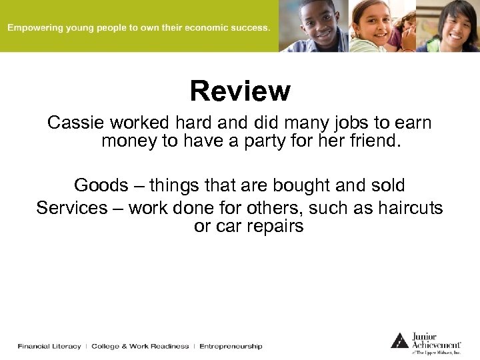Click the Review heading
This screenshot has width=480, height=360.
point(240,91)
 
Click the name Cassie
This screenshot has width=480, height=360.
point(75,123)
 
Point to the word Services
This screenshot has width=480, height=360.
point(71,208)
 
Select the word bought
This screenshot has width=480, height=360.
point(289,185)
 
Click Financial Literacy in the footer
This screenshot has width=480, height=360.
point(49,347)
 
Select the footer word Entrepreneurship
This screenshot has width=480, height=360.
point(231,347)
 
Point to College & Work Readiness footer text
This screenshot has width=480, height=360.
point(140,347)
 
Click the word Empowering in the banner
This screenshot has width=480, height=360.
point(34,28)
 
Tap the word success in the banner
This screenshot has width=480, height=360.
point(251,28)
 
